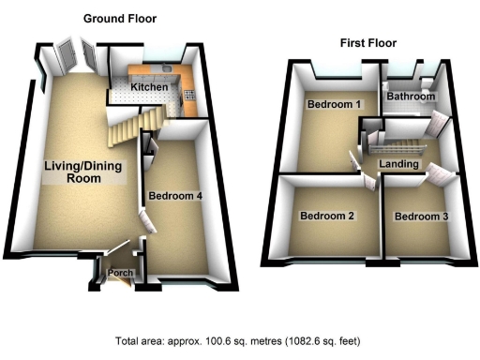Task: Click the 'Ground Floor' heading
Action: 120,19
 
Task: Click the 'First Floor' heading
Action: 368,43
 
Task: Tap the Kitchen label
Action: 149,87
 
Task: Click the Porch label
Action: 120,274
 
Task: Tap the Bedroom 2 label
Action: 327,217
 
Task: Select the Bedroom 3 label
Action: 422,217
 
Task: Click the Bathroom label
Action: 412,97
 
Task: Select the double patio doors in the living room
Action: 74,58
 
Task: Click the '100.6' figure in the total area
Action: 207,341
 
